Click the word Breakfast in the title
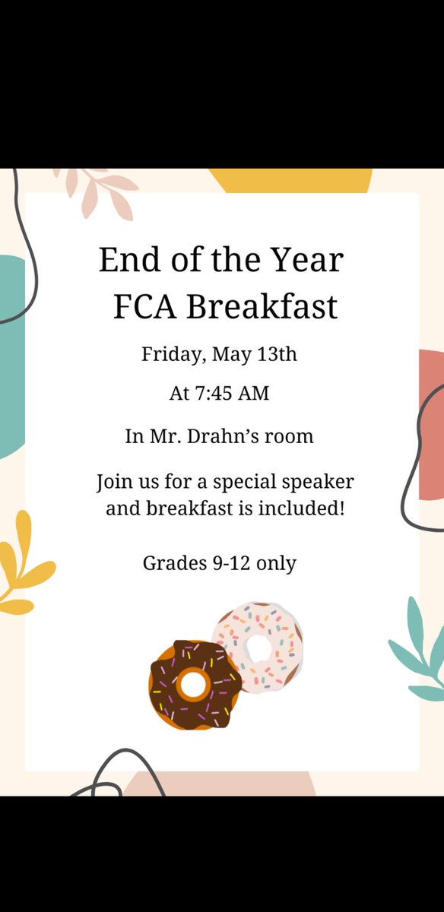(262, 308)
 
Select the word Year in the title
(311, 261)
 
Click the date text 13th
(277, 355)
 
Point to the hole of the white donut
(261, 648)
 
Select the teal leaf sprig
(422, 654)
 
